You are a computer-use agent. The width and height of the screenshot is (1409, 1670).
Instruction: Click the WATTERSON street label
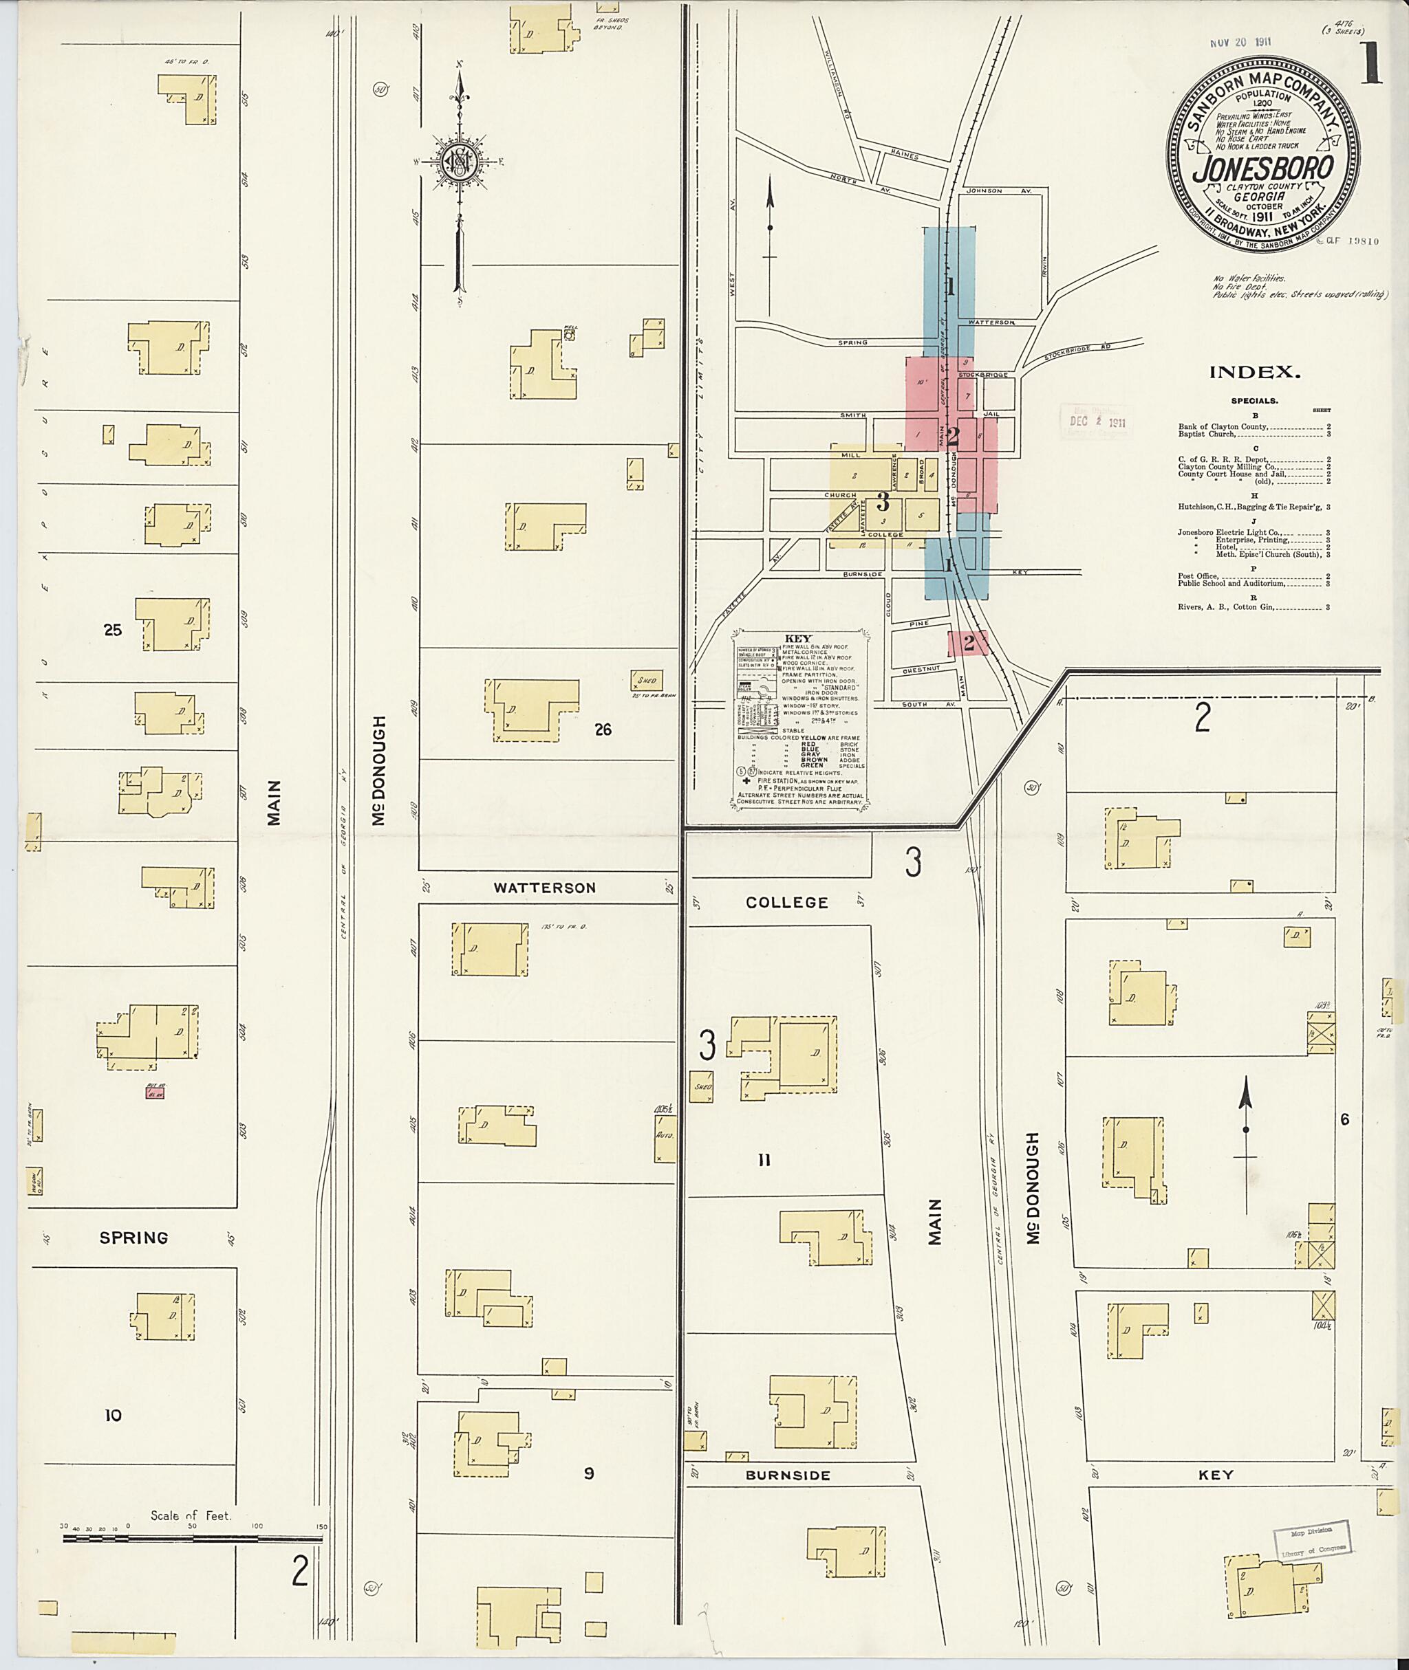544,888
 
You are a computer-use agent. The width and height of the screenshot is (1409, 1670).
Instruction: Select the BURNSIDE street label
788,1475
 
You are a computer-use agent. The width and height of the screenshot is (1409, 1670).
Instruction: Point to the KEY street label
1215,1475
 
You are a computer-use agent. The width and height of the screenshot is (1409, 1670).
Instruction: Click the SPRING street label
133,1238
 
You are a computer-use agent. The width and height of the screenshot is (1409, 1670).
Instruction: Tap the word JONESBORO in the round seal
1263,168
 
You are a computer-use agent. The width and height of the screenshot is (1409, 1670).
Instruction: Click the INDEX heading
1255,372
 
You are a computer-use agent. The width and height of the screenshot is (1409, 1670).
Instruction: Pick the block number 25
113,630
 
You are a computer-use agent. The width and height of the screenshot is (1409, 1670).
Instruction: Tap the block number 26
603,729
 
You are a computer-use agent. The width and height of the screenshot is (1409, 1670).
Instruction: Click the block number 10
113,1416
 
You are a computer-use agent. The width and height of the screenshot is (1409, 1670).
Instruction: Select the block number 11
764,1161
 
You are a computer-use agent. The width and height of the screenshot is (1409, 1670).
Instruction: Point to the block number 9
589,1473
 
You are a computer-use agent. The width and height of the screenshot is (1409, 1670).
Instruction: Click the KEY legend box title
798,639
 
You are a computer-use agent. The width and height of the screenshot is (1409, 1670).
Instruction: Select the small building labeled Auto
665,1135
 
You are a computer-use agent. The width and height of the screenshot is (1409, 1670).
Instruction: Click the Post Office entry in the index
1197,575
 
